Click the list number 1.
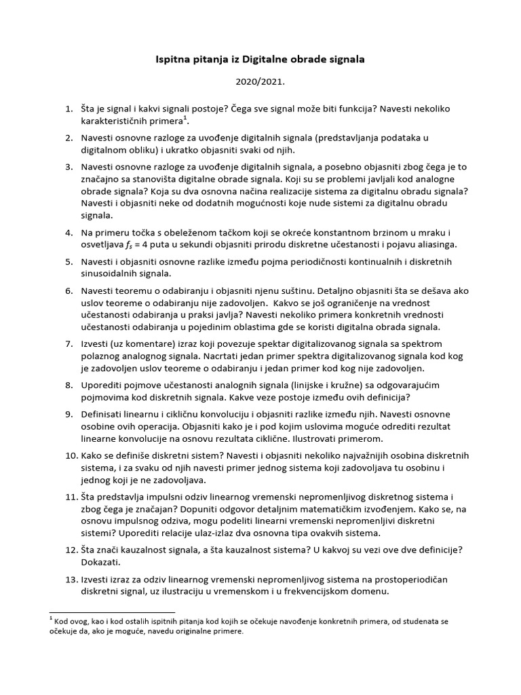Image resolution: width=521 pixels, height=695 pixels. (67, 109)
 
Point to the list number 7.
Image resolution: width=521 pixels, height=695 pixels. (67, 344)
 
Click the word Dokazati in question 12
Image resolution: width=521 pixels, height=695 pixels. (102, 563)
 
